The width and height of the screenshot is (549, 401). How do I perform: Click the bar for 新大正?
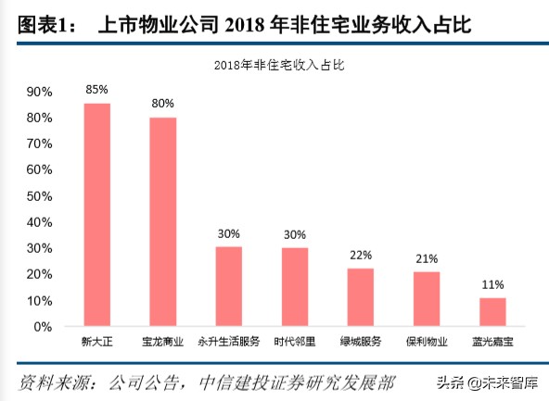click(96, 215)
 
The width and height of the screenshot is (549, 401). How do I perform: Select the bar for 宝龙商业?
click(162, 222)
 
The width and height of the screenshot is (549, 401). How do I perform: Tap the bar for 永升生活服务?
click(228, 286)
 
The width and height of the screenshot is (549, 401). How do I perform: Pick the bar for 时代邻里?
click(295, 287)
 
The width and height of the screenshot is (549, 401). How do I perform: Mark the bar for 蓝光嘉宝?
click(492, 311)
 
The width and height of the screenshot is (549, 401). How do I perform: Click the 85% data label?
click(96, 90)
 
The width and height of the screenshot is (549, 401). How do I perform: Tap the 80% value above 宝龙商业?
click(162, 104)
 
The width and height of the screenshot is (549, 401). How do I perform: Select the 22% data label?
click(361, 255)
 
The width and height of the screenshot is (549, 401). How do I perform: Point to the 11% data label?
click(492, 284)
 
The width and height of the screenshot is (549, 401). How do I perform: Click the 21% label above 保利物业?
click(427, 257)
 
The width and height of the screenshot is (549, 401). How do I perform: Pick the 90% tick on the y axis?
click(40, 92)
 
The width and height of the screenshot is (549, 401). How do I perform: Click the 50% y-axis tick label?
click(40, 196)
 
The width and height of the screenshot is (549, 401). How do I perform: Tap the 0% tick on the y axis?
click(44, 327)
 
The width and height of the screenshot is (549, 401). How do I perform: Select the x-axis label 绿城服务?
click(361, 342)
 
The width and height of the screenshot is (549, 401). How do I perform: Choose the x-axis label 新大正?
click(96, 342)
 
